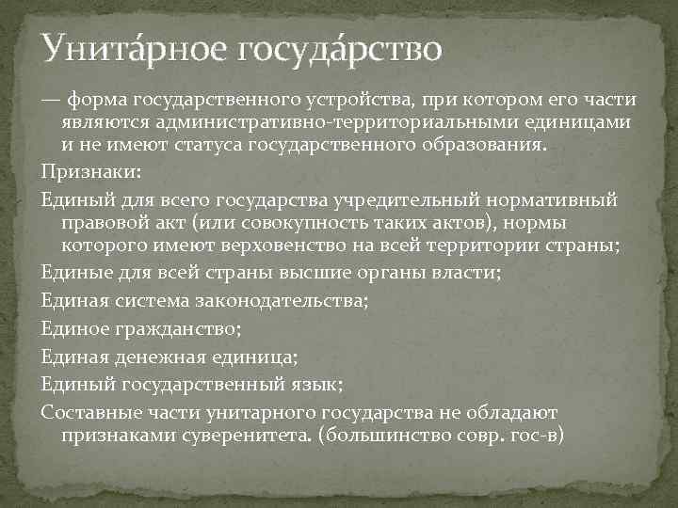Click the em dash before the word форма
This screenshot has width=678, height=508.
click(x=51, y=98)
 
